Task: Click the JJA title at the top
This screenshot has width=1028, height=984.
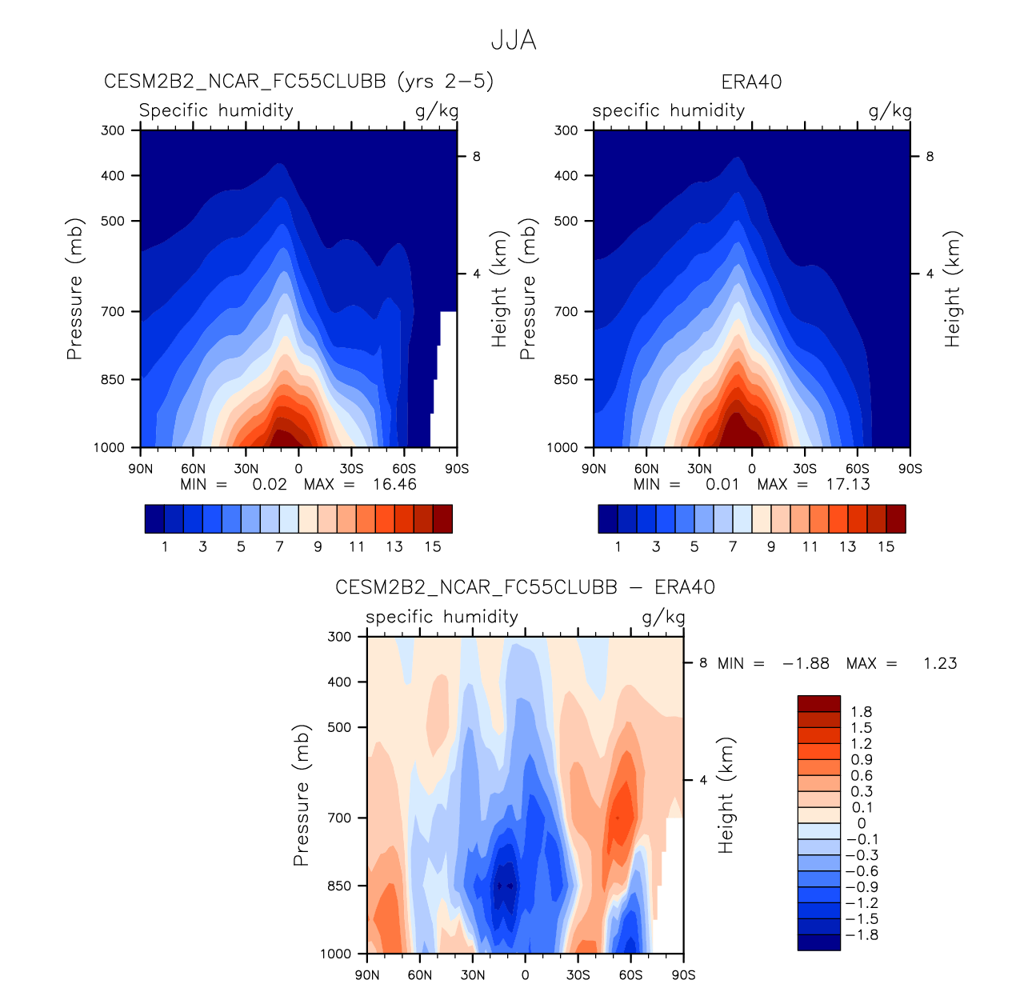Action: click(513, 40)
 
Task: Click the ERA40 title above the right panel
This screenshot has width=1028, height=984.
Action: click(751, 82)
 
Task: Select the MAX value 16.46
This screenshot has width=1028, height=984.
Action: click(394, 484)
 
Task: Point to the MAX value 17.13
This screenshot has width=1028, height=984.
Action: click(847, 484)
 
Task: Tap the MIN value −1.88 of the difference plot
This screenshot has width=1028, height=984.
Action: click(806, 663)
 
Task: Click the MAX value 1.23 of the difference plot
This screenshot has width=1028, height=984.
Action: click(940, 663)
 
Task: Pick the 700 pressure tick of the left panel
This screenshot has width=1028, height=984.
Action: click(113, 311)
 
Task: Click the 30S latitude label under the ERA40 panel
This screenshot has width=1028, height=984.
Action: click(805, 469)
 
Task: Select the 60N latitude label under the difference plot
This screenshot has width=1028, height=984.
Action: click(419, 974)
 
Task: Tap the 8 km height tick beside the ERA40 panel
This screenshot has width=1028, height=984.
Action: click(930, 157)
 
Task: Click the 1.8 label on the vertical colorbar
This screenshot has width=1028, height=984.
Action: click(862, 712)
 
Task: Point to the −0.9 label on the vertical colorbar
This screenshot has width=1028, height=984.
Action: click(862, 887)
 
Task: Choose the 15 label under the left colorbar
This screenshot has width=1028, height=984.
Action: click(433, 546)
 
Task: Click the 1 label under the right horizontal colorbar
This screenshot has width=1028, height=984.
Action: click(618, 546)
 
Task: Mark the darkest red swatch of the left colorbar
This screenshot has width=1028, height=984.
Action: click(442, 518)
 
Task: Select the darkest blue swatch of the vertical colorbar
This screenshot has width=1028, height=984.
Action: click(818, 942)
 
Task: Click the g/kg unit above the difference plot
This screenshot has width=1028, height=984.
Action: click(663, 617)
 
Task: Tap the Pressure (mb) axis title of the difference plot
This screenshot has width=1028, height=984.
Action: click(301, 795)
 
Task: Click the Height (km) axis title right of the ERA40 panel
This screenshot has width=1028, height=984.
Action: click(952, 289)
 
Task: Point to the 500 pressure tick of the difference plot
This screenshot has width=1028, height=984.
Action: click(340, 727)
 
